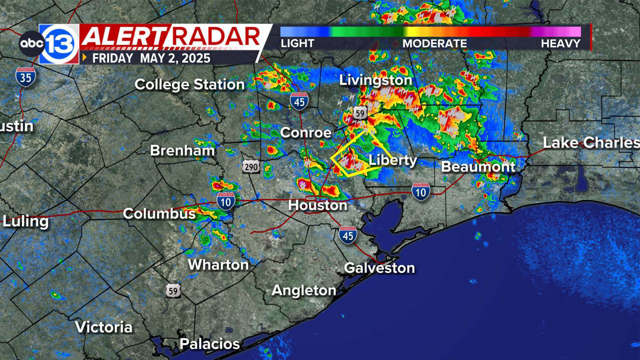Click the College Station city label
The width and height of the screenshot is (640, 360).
tap(189, 84)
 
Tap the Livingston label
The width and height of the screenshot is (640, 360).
tap(375, 80)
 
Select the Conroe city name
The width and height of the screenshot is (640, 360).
tap(306, 132)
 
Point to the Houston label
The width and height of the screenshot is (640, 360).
tap(317, 205)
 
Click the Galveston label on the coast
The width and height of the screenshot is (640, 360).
tap(379, 268)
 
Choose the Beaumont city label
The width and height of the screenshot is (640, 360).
tap(478, 166)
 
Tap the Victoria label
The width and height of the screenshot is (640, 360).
tap(104, 327)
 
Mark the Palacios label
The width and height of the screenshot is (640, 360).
tap(209, 344)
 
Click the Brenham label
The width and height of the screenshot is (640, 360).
tap(182, 150)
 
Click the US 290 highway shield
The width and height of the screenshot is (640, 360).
tap(251, 166)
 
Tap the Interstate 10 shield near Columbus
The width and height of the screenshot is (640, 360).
tap(226, 201)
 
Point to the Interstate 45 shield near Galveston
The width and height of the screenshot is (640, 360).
tap(347, 235)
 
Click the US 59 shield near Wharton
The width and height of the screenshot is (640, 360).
tap(173, 290)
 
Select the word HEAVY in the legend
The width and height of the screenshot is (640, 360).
tap(560, 43)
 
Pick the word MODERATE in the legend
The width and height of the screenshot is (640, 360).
tap(434, 43)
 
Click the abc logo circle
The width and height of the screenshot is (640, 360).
tap(32, 44)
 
